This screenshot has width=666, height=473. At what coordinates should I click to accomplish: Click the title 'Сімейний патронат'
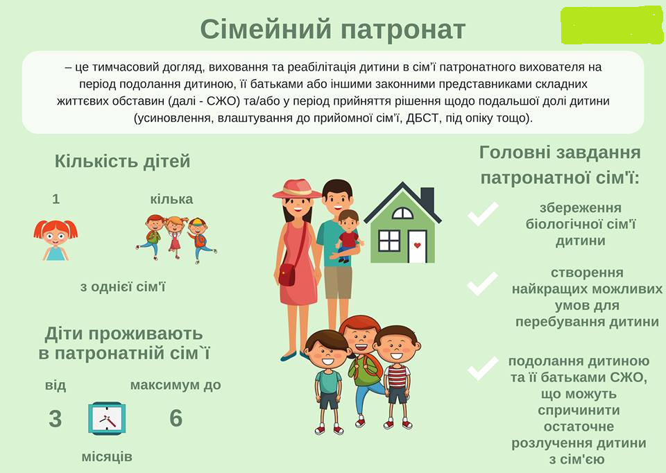tap(332, 30)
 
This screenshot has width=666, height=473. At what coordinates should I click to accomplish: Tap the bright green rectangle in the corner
tap(612, 26)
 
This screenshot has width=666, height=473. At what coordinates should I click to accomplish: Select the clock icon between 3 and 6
tap(107, 419)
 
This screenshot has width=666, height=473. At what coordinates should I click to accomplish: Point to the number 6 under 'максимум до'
tap(176, 418)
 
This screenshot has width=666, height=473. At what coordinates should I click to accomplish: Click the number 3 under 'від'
tap(55, 419)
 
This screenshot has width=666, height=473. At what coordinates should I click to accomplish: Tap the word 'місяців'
tap(107, 457)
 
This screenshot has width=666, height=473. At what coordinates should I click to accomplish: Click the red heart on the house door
tap(417, 245)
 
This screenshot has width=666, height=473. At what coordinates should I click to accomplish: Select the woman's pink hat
tap(298, 189)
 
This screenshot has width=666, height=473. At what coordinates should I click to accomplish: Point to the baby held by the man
tap(348, 235)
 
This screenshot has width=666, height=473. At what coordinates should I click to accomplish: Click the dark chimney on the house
tap(428, 199)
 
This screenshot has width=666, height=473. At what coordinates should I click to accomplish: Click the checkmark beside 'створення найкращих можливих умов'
tap(483, 284)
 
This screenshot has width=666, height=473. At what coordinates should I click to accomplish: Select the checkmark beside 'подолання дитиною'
tap(483, 368)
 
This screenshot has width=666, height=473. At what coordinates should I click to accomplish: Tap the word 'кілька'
tap(171, 199)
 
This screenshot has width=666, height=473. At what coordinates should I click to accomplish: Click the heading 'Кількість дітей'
tap(122, 162)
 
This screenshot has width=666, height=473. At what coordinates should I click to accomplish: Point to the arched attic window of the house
tap(402, 213)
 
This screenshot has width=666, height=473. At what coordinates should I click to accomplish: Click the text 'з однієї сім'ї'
tap(123, 287)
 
